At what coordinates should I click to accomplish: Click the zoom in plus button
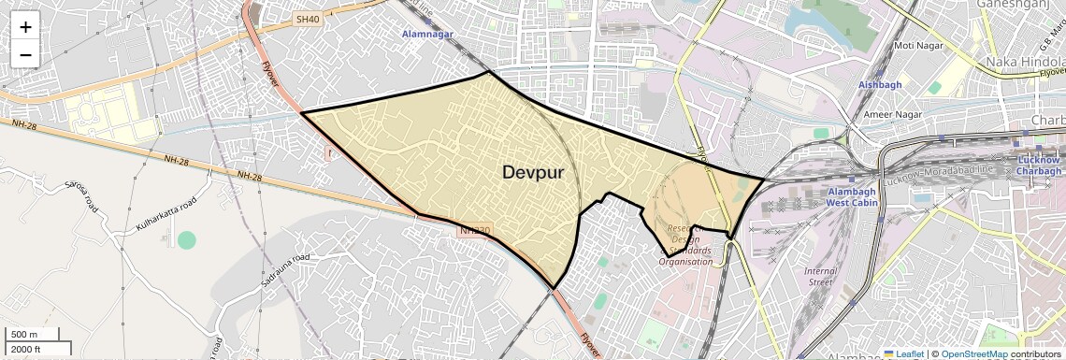tap(25, 27)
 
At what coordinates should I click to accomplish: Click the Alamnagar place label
tap(426, 34)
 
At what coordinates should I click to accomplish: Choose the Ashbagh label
tap(879, 85)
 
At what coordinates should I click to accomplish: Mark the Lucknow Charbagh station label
tap(1039, 166)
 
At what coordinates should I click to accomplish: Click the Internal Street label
tap(820, 276)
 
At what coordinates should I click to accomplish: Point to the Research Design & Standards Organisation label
tap(685, 245)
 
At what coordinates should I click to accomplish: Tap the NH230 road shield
tap(474, 229)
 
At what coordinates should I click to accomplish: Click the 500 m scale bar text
tap(24, 335)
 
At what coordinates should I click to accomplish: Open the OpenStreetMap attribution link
tap(973, 353)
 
